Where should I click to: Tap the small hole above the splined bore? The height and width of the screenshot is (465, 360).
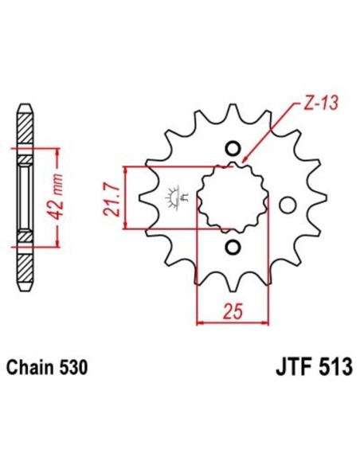pos(233,148)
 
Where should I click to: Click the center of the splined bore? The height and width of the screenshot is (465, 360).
pos(233,197)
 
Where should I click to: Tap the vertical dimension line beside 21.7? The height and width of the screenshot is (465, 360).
pos(126,198)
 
